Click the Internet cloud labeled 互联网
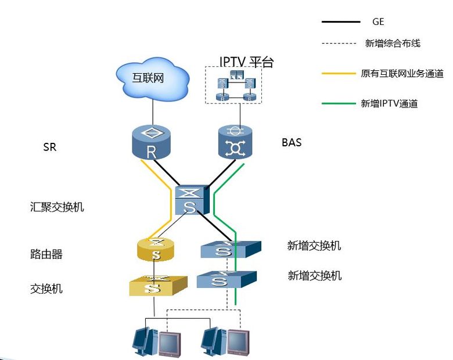(153, 78)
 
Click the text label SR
(50, 147)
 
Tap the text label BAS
(291, 142)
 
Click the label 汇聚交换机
(57, 207)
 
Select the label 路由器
(46, 254)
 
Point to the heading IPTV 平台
(246, 62)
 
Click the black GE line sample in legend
(341, 22)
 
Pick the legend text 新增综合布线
(392, 43)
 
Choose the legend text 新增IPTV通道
(389, 104)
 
